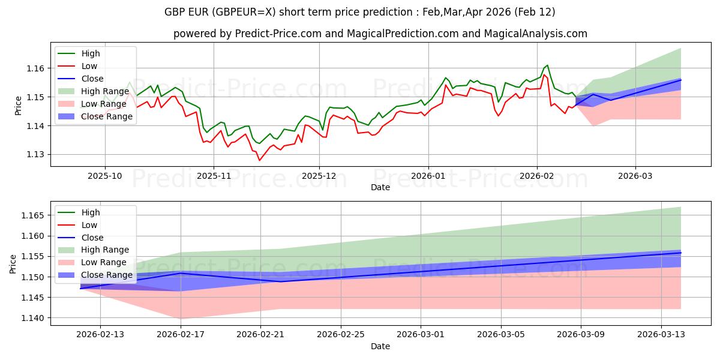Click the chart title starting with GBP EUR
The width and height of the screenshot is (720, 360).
click(x=359, y=12)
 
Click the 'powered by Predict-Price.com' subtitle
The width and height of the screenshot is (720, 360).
click(x=380, y=34)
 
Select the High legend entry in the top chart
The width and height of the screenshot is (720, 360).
click(x=91, y=53)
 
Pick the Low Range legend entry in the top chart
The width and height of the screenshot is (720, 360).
click(x=106, y=104)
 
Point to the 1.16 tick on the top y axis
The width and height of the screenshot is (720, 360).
click(x=35, y=68)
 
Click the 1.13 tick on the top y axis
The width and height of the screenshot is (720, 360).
click(x=35, y=155)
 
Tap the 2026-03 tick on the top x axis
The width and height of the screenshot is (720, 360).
click(x=635, y=176)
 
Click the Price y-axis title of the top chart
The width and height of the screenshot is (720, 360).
click(x=18, y=106)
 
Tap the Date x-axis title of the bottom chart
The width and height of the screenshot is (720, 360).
click(x=380, y=346)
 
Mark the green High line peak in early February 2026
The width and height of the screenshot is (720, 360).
click(x=547, y=65)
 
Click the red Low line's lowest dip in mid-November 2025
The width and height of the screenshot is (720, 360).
click(x=259, y=160)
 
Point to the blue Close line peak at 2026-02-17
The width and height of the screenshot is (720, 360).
click(x=181, y=273)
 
